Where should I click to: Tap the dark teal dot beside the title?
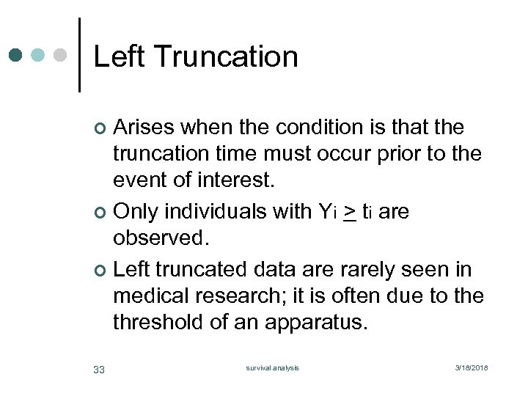coord(16,55)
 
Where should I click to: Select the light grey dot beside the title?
coord(62,55)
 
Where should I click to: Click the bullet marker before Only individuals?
coord(101,213)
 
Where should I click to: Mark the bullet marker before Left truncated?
coord(101,271)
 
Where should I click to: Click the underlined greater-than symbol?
coord(350,213)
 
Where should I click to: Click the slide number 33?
coord(99,369)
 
